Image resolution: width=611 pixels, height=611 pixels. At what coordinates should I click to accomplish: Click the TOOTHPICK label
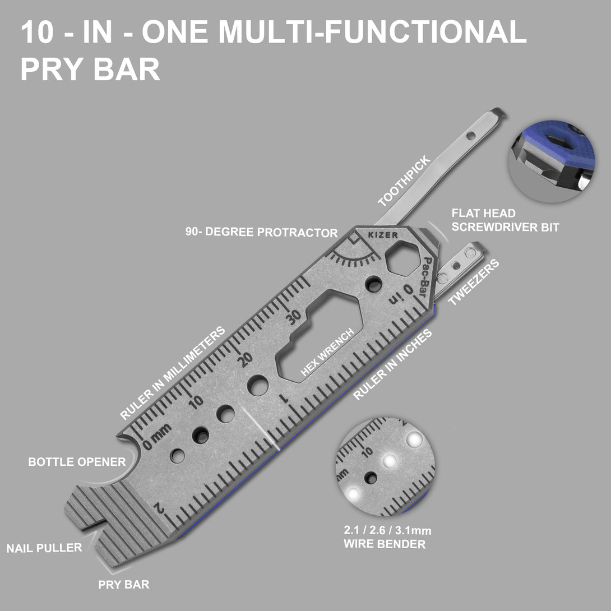point(404,181)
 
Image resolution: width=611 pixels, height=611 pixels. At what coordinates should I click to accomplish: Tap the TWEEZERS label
point(474,282)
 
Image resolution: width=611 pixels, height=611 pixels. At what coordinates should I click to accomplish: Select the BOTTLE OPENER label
point(77,462)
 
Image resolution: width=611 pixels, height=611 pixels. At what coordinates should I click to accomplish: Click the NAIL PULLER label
point(44,548)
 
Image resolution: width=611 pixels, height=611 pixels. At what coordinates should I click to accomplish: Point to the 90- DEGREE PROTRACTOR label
point(261,232)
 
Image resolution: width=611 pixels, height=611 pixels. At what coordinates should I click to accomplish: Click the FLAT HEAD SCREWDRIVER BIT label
point(506,220)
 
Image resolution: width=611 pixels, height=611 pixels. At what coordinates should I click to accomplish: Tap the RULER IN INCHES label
point(392,364)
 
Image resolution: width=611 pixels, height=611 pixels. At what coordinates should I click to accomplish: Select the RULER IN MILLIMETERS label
point(172,373)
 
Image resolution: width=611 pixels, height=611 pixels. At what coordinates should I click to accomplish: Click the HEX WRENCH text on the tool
point(327,352)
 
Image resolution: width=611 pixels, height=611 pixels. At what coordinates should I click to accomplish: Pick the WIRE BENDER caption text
point(385,544)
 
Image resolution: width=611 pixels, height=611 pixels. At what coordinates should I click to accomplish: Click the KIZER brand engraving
point(383,235)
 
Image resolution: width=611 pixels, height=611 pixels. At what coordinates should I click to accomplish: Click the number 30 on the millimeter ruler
point(293,316)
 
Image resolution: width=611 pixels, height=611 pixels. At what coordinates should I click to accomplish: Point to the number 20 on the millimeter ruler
point(245,359)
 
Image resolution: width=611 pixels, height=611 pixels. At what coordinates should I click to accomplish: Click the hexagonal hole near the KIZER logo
point(403,258)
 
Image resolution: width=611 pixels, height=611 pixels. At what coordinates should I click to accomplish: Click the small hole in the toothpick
point(471,136)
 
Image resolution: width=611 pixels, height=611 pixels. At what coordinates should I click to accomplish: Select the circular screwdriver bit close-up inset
point(552,161)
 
